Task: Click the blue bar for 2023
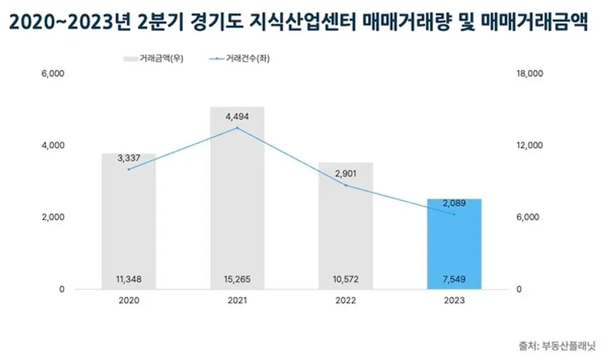[x=454, y=243]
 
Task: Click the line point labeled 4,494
[x=237, y=128]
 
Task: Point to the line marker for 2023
[x=454, y=215]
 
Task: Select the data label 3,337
[x=128, y=158]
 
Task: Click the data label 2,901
[x=345, y=174]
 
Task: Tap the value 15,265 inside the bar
[x=237, y=279]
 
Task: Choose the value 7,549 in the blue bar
[x=454, y=279]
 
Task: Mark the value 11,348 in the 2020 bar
[x=128, y=279]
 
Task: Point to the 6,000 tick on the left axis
[x=53, y=74]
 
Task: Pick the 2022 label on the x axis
[x=345, y=302]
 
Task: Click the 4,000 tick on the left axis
[x=53, y=145]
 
